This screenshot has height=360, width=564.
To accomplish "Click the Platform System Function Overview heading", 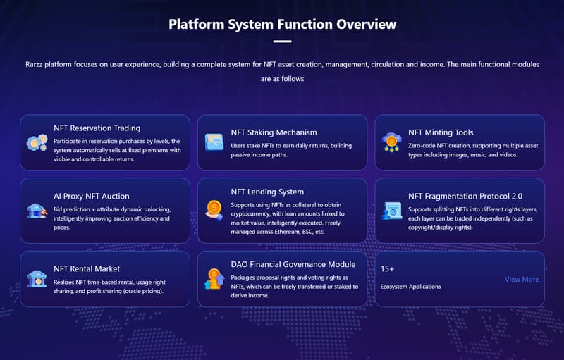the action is (283, 25).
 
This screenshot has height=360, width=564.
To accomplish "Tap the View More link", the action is (522, 279).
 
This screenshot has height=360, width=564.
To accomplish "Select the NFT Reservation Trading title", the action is (97, 128).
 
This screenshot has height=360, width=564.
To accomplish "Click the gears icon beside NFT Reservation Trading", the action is (37, 142).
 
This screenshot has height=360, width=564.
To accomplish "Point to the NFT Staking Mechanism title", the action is (274, 132).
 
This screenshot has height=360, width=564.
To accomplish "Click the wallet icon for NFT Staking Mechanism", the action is (214, 142).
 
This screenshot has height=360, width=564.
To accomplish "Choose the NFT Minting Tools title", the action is (441, 132).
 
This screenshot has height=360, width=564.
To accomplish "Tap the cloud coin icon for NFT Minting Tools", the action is (391, 142).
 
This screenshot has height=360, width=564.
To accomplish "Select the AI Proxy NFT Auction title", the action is (92, 196).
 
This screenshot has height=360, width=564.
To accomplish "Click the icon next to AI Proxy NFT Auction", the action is (37, 211).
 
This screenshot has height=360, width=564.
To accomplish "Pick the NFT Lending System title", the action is (267, 192).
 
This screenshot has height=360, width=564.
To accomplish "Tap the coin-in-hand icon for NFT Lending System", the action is (214, 210).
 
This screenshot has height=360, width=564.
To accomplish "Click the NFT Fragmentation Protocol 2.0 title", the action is (465, 196).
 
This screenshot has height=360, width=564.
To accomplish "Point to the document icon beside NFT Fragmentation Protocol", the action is (391, 211).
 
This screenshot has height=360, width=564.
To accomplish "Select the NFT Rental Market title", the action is (87, 268).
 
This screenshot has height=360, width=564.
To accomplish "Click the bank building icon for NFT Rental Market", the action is (37, 279).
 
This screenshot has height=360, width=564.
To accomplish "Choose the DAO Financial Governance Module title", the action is (293, 264).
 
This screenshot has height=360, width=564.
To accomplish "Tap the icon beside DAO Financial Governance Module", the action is (214, 279).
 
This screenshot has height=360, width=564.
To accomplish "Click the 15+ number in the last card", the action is (387, 268).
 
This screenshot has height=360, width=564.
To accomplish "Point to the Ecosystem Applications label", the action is (410, 287).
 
